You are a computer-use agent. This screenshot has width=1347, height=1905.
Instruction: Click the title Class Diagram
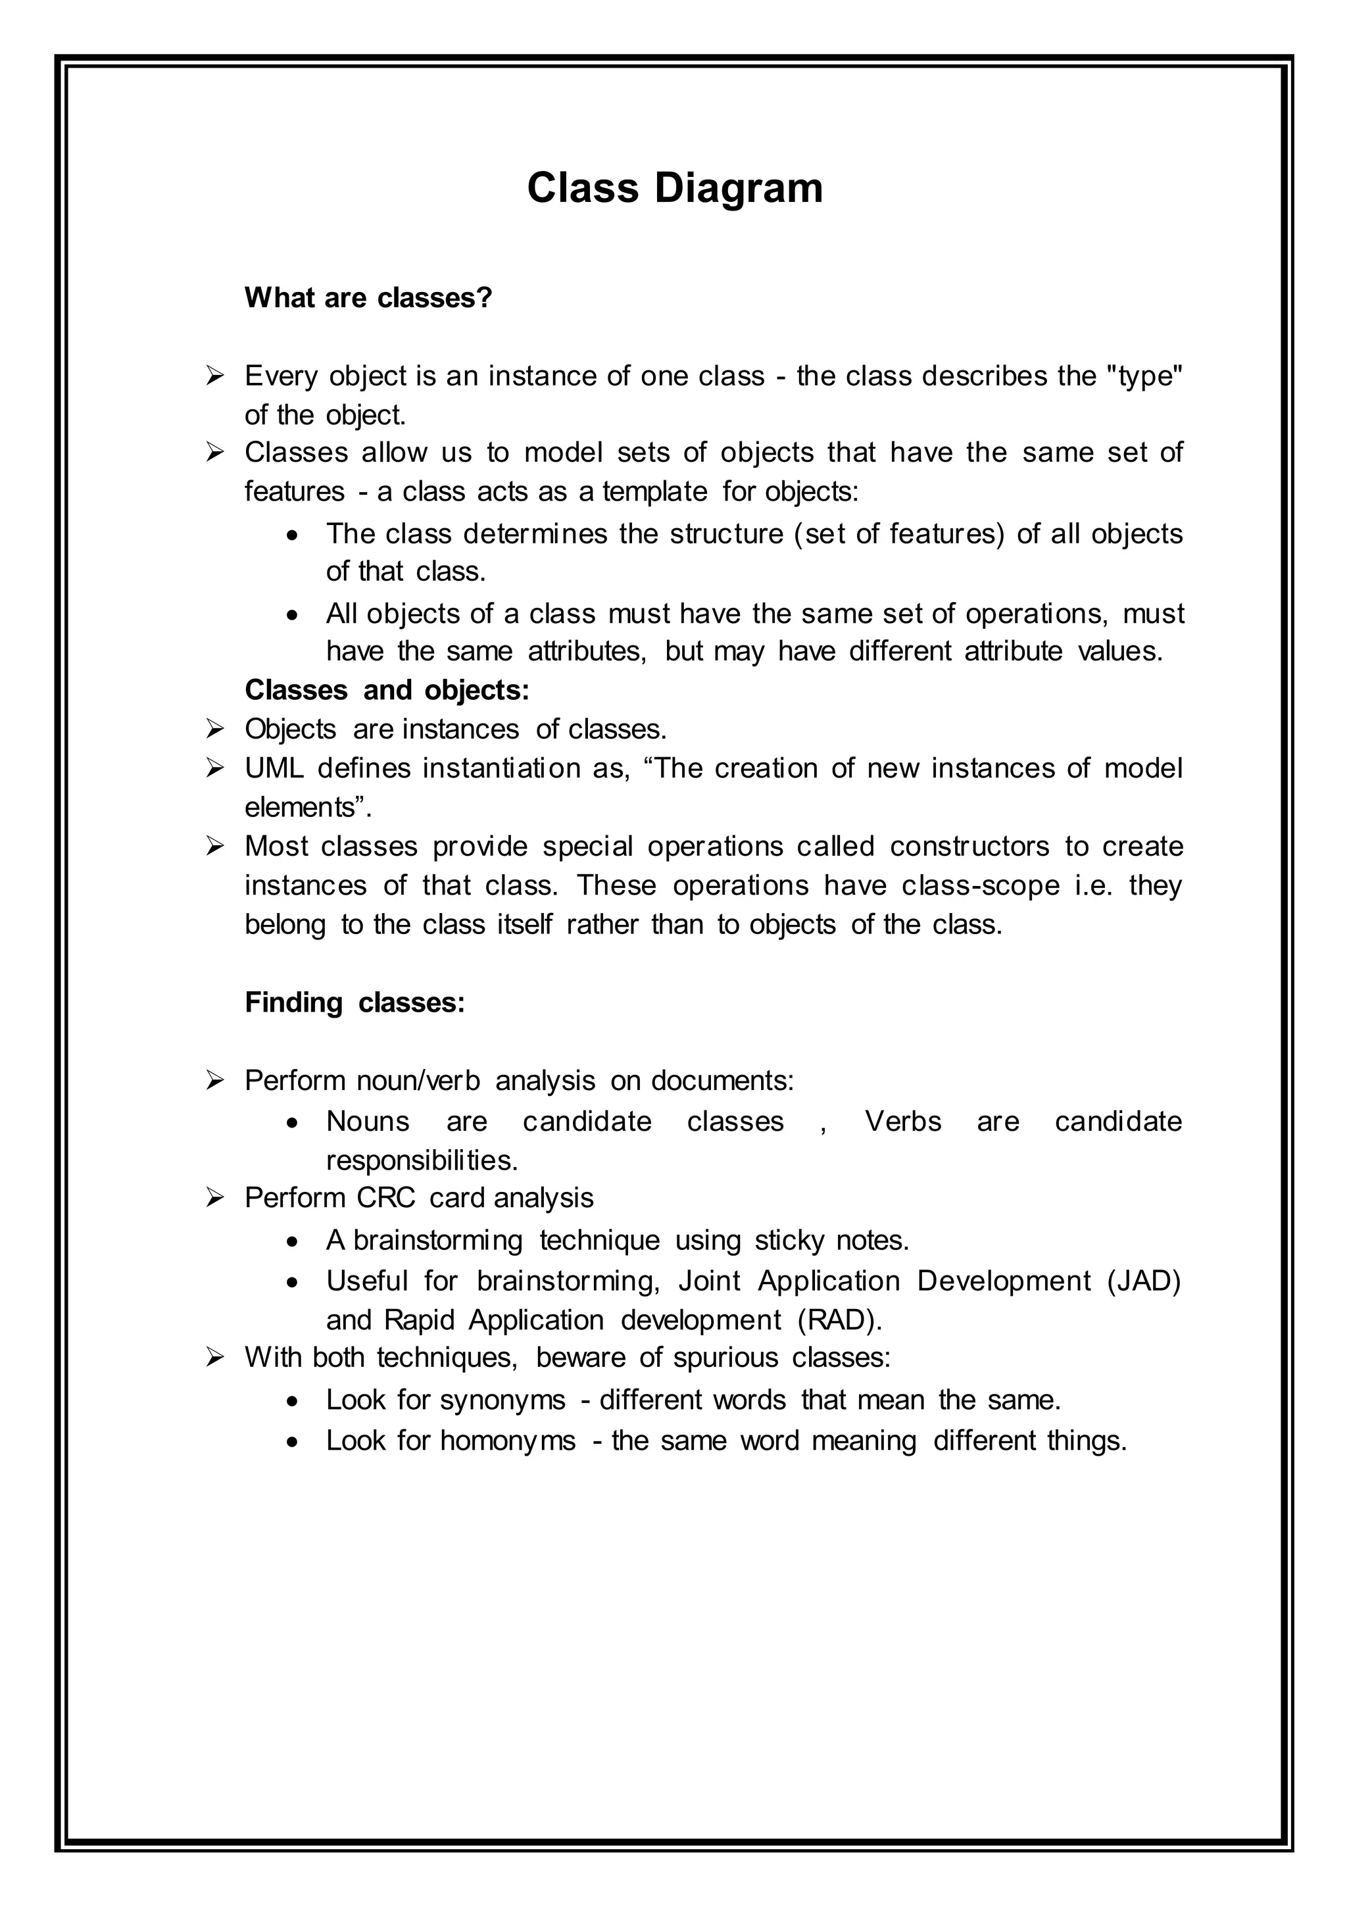coord(674,187)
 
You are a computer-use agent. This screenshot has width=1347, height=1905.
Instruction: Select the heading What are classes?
coord(368,297)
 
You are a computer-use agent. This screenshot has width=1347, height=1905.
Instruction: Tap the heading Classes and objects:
coord(387,689)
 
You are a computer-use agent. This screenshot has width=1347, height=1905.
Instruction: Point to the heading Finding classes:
coord(354,1002)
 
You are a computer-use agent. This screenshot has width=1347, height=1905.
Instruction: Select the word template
coord(654,491)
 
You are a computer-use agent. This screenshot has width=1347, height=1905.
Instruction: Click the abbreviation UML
coord(274,768)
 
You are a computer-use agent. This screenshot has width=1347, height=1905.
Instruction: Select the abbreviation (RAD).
coord(839,1320)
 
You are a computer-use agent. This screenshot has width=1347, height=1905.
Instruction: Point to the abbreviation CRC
coord(385,1197)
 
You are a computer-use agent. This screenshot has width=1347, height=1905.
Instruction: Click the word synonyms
coord(502,1400)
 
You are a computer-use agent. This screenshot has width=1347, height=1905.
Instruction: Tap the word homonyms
coord(508,1439)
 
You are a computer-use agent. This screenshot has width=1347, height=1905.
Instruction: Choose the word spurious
coord(725,1358)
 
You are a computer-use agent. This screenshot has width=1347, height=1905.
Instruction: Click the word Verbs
coord(902,1121)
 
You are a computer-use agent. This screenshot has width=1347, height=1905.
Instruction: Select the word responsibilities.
coord(422,1160)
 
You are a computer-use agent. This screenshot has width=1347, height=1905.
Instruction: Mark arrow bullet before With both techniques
coord(216,1358)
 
